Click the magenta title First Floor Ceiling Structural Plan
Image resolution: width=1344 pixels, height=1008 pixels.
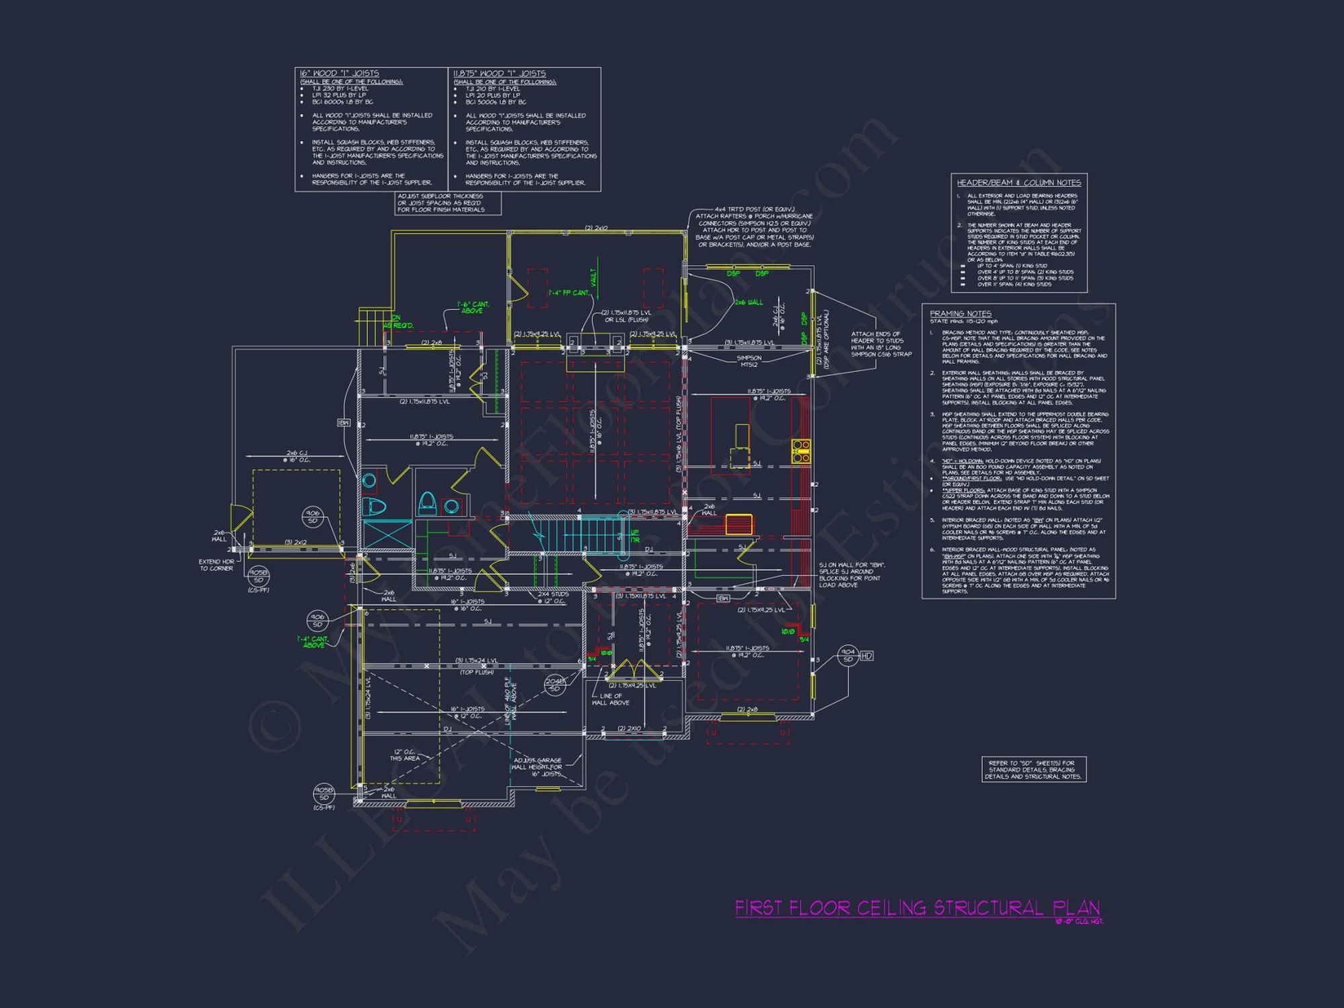pyautogui.click(x=917, y=909)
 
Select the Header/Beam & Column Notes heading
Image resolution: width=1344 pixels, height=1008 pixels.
pyautogui.click(x=1019, y=183)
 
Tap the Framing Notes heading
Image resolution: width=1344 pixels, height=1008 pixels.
pyautogui.click(x=960, y=314)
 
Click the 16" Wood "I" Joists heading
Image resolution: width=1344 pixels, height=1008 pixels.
pyautogui.click(x=339, y=73)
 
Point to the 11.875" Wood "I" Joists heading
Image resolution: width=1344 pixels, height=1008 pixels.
pyautogui.click(x=499, y=73)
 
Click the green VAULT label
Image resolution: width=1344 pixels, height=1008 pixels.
pyautogui.click(x=593, y=276)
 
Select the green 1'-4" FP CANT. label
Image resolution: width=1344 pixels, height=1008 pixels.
pyautogui.click(x=569, y=293)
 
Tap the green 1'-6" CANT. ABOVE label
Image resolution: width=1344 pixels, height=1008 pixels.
pyautogui.click(x=473, y=308)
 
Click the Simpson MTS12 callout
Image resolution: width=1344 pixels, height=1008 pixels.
pyautogui.click(x=749, y=361)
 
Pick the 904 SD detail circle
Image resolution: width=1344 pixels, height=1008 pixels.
pyautogui.click(x=848, y=655)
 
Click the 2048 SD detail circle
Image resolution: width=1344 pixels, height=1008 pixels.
pyautogui.click(x=554, y=685)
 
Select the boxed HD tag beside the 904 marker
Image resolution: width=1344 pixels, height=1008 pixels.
pyautogui.click(x=866, y=656)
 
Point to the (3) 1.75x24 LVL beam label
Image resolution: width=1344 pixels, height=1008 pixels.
pyautogui.click(x=476, y=661)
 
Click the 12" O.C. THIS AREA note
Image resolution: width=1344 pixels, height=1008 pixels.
pyautogui.click(x=405, y=755)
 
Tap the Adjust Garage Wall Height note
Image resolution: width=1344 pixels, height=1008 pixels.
pyautogui.click(x=538, y=767)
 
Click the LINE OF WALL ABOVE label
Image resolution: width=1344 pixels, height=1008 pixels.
pyautogui.click(x=610, y=700)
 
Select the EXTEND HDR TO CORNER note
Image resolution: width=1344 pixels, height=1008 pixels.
pyautogui.click(x=216, y=565)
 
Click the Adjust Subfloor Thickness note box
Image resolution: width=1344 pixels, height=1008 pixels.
pyautogui.click(x=448, y=203)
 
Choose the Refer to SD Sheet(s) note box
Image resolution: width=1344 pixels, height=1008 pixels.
pyautogui.click(x=1034, y=769)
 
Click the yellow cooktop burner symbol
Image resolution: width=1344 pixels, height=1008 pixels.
pyautogui.click(x=800, y=451)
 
